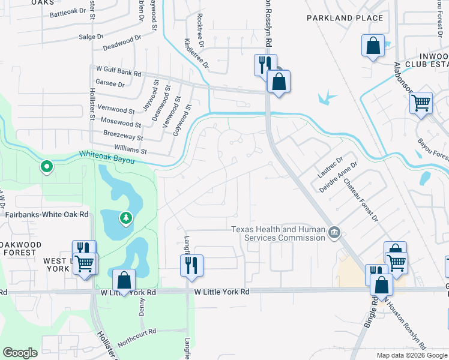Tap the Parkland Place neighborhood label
click(x=345, y=18)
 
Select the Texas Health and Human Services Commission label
click(x=279, y=233)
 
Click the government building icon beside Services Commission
click(x=335, y=232)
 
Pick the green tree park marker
click(x=125, y=218)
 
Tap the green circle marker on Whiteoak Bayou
click(x=46, y=166)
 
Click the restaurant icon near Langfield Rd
click(x=191, y=265)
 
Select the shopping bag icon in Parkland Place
click(x=373, y=46)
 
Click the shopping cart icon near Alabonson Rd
click(x=421, y=102)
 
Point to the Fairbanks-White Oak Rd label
click(x=46, y=214)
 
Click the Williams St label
click(x=130, y=148)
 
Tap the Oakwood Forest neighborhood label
click(x=21, y=249)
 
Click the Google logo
click(x=20, y=353)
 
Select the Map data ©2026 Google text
click(x=411, y=355)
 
